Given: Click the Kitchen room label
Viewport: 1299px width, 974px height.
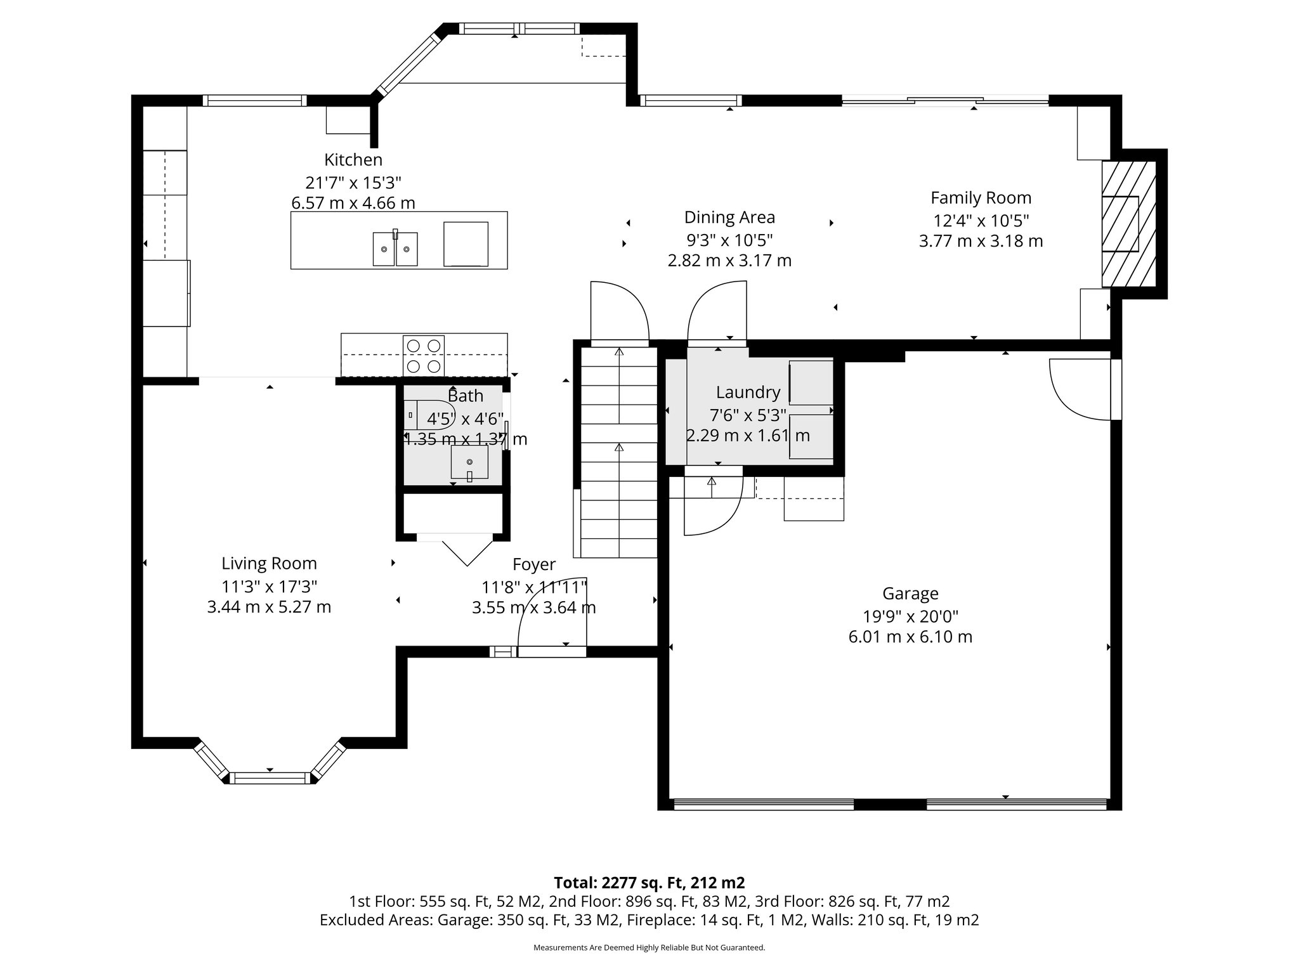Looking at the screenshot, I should click(x=353, y=160).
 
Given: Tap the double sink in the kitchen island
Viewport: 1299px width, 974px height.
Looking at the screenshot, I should click(x=395, y=249).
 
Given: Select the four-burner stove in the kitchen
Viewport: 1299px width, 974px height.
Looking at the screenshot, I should click(x=424, y=356).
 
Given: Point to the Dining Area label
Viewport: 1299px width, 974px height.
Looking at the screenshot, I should click(x=729, y=218).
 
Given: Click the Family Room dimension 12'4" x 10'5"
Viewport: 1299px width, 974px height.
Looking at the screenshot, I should click(x=981, y=221).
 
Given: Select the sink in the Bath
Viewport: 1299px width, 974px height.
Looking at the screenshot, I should click(x=470, y=462).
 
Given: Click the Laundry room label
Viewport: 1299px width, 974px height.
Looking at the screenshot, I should click(x=748, y=393).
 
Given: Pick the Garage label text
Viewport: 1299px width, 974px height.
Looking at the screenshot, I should click(x=910, y=594).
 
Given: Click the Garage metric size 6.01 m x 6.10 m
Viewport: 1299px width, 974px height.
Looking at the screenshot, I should click(x=910, y=637).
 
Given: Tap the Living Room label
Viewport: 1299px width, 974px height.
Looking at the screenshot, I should click(x=269, y=564).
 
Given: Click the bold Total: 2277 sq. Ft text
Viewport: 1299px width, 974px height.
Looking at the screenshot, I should click(x=649, y=883).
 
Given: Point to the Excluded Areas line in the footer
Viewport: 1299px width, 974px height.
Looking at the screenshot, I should click(x=649, y=920).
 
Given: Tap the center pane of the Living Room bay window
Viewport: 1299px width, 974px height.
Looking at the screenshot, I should click(x=270, y=777).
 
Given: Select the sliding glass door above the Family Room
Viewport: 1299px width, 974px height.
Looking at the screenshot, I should click(x=945, y=100).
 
